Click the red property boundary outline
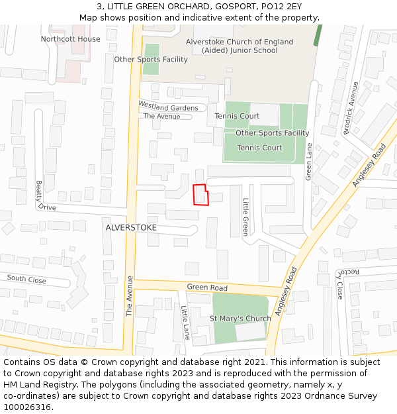[200, 195]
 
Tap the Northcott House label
[70, 39]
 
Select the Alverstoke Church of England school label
[240, 46]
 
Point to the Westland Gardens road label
[168, 107]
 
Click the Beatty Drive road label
[44, 195]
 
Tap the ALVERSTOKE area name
[131, 227]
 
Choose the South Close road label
[26, 280]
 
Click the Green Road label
[206, 287]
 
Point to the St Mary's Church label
[240, 319]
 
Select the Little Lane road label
[185, 323]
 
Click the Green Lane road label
[308, 163]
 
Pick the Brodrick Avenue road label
[350, 108]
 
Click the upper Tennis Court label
[237, 116]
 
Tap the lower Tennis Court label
[259, 148]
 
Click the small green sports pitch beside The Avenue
[152, 59]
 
